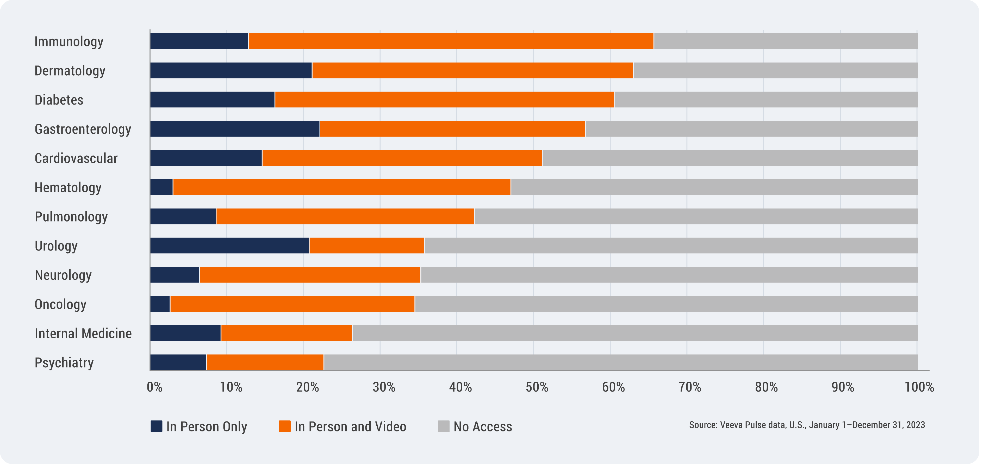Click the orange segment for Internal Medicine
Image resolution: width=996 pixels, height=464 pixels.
287,333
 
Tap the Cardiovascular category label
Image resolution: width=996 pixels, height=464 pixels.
76,158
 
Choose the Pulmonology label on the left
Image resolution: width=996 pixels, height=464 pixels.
71,217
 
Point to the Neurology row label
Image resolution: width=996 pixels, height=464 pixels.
63,275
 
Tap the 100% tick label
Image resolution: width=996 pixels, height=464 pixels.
919,387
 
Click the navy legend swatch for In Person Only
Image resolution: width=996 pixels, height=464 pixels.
157,426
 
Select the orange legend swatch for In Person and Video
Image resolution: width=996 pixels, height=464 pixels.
285,426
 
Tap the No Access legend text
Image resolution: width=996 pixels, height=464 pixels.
483,426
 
